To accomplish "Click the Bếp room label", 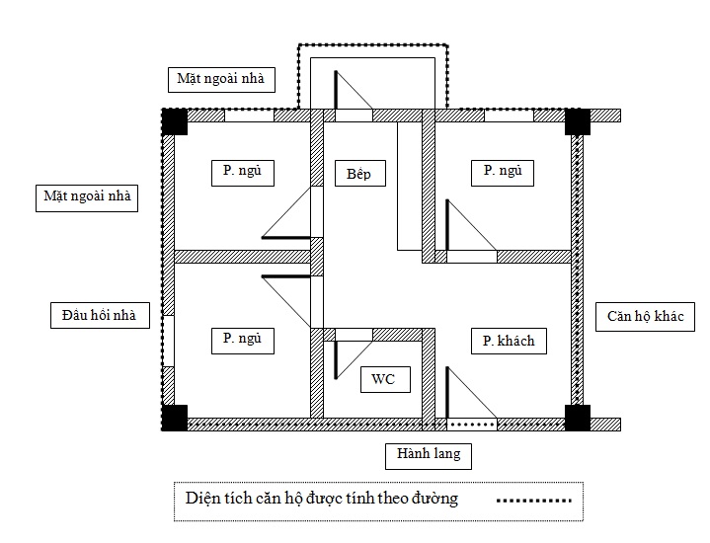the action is point(360,174).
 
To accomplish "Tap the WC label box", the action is point(385,379).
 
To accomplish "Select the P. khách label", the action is point(509,341).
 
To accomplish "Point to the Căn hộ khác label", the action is point(645,317).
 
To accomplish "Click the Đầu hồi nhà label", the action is point(100,315).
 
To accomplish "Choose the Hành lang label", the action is point(429,456).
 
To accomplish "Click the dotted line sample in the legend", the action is point(534,501).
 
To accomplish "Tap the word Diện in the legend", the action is point(200,499).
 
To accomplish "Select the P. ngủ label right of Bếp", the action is point(503,173).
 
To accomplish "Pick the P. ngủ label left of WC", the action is point(243,341).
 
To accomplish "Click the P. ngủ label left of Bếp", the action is point(243,173).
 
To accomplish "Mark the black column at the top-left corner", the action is point(175,121).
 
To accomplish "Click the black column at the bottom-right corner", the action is point(578,418).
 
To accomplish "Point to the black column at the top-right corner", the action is point(578,121).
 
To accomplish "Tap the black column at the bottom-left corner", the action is point(175,418).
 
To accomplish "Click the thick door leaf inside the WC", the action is point(336,360).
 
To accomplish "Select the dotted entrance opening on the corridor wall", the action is point(472,425).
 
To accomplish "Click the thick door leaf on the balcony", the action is point(336,90).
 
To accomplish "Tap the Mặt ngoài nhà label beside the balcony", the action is point(221,80).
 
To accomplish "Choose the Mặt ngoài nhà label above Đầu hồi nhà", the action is point(87,197).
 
